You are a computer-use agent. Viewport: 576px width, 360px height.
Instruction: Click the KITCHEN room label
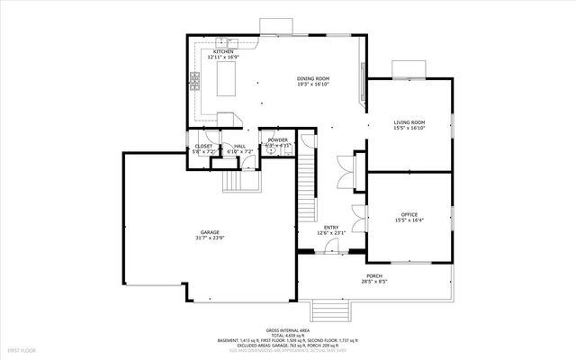223,52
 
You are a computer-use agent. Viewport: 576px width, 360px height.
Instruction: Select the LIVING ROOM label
409,122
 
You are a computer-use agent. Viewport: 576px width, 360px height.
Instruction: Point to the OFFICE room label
409,214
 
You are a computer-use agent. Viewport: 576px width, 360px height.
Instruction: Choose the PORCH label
374,275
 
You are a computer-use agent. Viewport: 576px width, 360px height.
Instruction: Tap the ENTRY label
330,228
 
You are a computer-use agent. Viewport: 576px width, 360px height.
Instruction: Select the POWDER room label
277,140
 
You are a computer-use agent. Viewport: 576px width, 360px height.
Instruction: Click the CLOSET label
204,146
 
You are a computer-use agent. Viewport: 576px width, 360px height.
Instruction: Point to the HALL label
240,146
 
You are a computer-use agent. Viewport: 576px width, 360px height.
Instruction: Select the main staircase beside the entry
309,184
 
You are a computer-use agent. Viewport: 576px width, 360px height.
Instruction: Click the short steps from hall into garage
241,183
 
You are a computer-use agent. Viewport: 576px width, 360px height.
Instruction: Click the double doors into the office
360,216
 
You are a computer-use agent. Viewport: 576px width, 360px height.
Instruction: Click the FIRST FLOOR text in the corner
21,348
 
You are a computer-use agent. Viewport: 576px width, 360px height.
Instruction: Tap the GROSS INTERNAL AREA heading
287,330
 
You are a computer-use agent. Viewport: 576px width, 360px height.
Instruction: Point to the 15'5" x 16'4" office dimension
409,220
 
